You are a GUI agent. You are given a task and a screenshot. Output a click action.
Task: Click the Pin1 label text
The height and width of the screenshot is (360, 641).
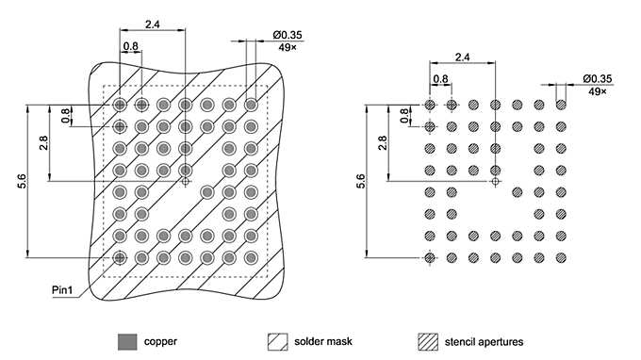click(x=63, y=292)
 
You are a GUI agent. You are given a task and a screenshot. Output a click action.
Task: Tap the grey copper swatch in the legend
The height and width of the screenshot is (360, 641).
click(x=126, y=340)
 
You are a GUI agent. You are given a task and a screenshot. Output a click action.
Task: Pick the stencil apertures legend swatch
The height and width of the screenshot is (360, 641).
click(x=428, y=340)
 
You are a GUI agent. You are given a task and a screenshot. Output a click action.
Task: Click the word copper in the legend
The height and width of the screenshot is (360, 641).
click(x=160, y=341)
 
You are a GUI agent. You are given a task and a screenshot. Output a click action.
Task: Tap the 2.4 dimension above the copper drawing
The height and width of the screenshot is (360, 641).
click(x=152, y=23)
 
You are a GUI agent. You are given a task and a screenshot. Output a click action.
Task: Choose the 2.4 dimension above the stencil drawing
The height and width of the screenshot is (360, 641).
click(x=462, y=57)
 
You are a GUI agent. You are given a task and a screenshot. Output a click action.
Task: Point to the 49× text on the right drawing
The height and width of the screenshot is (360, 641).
click(x=597, y=91)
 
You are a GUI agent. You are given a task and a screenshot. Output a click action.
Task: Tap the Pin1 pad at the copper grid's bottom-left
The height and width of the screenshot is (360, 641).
click(x=120, y=256)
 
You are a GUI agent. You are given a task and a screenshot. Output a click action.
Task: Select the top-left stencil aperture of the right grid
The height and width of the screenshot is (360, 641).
click(x=430, y=105)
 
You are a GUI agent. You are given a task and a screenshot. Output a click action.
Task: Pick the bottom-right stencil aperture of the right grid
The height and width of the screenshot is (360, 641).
click(x=561, y=257)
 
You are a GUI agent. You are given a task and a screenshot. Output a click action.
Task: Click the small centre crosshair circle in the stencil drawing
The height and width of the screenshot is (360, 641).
click(x=496, y=181)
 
